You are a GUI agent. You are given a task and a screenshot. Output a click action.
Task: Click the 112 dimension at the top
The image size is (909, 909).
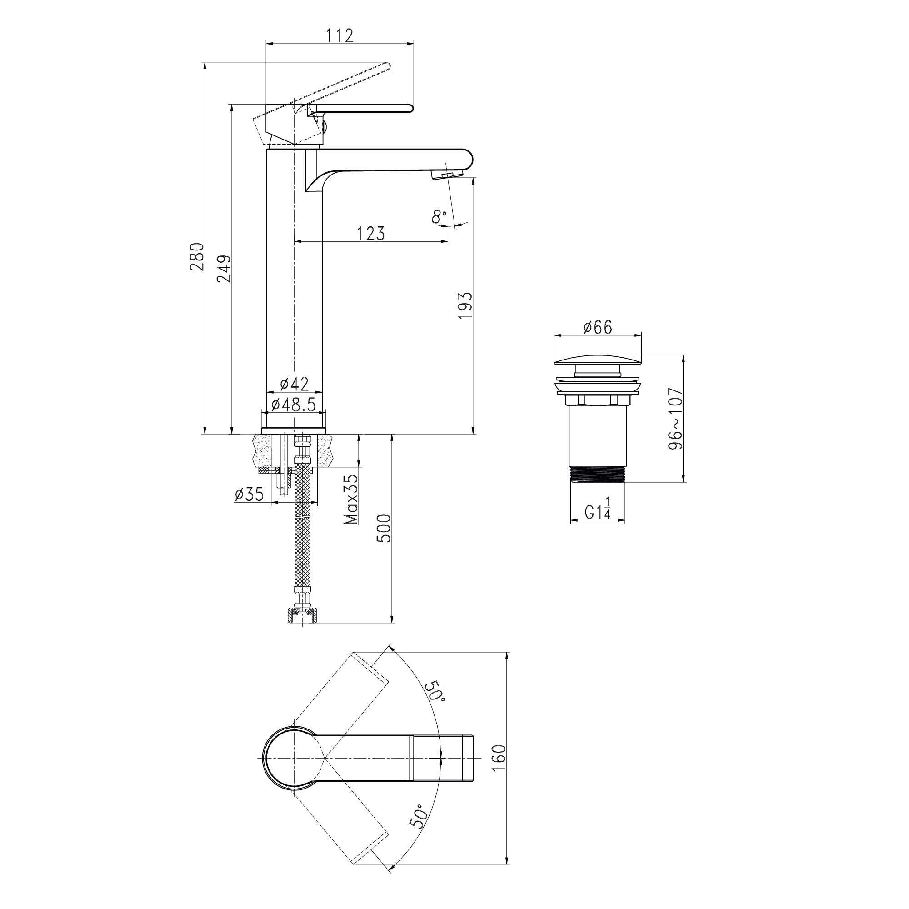340,35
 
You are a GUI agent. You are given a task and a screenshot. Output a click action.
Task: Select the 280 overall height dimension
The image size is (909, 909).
197,256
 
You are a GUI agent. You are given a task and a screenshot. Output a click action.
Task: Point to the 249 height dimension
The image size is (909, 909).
224,268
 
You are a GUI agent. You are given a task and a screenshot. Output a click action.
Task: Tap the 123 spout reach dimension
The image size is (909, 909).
371,233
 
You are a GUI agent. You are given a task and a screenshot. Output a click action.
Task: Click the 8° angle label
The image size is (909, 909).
439,216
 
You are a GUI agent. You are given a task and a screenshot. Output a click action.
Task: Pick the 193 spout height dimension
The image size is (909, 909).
465,305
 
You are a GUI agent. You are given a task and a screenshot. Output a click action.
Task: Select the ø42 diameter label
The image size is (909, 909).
295,384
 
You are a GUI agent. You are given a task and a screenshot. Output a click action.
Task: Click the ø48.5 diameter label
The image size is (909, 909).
294,404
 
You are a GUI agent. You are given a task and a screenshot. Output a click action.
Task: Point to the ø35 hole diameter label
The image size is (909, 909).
250,494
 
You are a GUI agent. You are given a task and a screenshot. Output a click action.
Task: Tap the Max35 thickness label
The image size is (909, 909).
351,499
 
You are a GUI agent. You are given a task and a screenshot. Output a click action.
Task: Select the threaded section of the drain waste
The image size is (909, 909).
598,474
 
